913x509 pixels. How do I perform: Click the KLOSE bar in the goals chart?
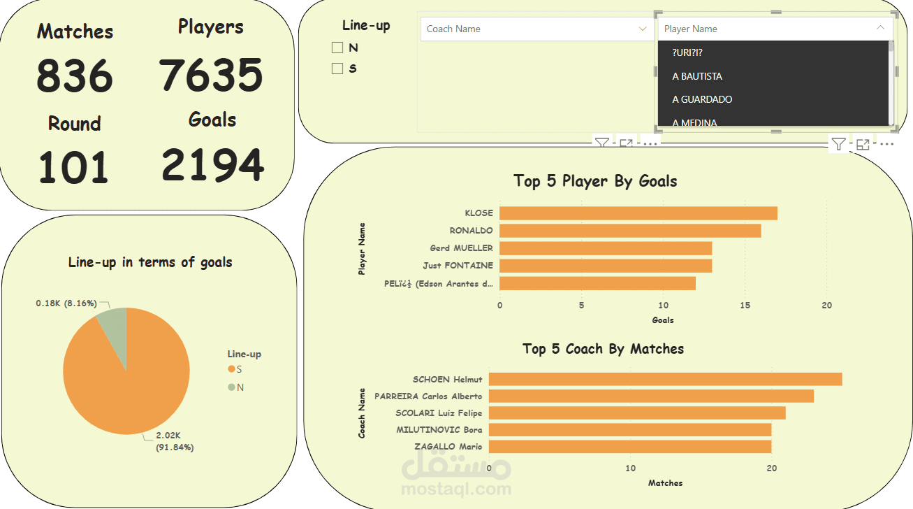click(x=638, y=213)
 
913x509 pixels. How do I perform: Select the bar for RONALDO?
click(x=629, y=231)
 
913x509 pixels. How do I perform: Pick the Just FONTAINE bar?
click(x=605, y=266)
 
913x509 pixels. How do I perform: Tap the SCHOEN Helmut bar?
click(x=664, y=379)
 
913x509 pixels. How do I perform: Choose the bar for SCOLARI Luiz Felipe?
click(x=636, y=413)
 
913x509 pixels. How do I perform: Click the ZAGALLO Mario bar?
click(x=629, y=446)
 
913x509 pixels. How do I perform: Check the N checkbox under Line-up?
click(x=337, y=48)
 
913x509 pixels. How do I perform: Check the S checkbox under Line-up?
click(x=337, y=69)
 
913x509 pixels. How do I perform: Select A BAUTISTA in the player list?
click(x=697, y=76)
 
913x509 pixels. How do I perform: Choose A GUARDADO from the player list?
click(x=702, y=99)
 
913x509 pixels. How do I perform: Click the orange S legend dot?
click(x=231, y=369)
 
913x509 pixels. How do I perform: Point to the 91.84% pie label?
click(x=175, y=447)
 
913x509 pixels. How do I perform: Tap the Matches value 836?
click(x=75, y=76)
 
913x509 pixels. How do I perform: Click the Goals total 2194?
click(x=212, y=165)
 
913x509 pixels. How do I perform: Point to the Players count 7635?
click(x=211, y=74)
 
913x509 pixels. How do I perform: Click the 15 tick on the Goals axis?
click(x=745, y=306)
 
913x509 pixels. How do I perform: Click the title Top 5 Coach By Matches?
click(x=603, y=349)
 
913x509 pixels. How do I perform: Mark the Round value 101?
click(x=73, y=168)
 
